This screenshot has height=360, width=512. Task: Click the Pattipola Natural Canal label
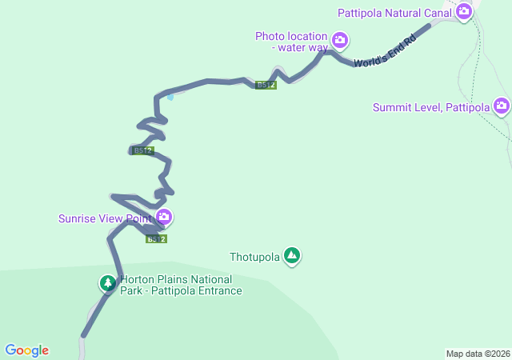pyautogui.click(x=395, y=12)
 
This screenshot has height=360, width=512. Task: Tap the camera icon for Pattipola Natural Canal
pyautogui.click(x=463, y=11)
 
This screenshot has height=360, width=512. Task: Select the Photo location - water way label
pyautogui.click(x=292, y=42)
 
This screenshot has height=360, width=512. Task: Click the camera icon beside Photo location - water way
pyautogui.click(x=340, y=39)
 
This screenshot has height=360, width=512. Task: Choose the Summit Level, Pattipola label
pyautogui.click(x=431, y=107)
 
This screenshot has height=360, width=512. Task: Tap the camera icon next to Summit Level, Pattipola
pyautogui.click(x=502, y=106)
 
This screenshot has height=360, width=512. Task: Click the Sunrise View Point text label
pyautogui.click(x=105, y=218)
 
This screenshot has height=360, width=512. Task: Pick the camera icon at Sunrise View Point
pyautogui.click(x=164, y=217)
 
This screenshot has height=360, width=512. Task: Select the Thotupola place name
pyautogui.click(x=254, y=257)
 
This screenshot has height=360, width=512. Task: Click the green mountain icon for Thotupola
pyautogui.click(x=292, y=255)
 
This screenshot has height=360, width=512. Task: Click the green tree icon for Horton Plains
pyautogui.click(x=107, y=282)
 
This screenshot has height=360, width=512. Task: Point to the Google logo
pyautogui.click(x=26, y=350)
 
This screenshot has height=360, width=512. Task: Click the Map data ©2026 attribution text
pyautogui.click(x=478, y=354)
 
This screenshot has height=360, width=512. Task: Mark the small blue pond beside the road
pyautogui.click(x=170, y=97)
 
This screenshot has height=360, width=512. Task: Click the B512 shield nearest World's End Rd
pyautogui.click(x=266, y=85)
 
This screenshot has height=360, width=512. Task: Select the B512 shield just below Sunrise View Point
pyautogui.click(x=156, y=238)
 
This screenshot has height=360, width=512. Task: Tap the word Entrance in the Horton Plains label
pyautogui.click(x=216, y=290)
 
